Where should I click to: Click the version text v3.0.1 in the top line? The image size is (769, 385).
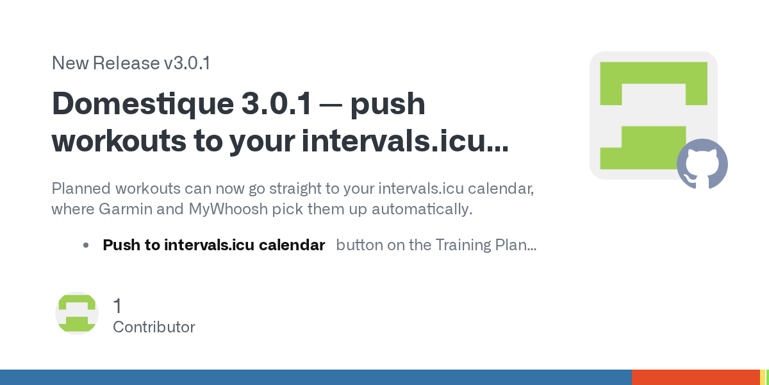(x=187, y=64)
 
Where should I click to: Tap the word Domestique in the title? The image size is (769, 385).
(x=143, y=104)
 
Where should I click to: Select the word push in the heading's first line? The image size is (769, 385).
(x=388, y=105)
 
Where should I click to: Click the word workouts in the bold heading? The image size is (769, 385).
(x=119, y=141)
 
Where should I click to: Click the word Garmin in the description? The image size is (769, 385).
(x=126, y=209)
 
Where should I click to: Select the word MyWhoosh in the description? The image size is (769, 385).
(x=228, y=209)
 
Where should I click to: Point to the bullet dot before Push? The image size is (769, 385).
(x=86, y=245)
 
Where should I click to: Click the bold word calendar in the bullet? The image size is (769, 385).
(x=292, y=245)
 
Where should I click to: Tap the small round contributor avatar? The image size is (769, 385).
(x=77, y=313)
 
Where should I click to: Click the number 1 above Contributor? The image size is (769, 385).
(x=117, y=306)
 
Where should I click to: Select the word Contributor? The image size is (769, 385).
(x=154, y=327)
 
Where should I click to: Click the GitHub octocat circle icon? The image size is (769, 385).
(x=702, y=164)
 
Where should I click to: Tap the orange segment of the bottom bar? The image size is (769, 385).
(x=696, y=377)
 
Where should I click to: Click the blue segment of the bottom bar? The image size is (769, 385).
(x=316, y=377)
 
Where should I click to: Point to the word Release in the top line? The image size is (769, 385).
(x=126, y=64)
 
